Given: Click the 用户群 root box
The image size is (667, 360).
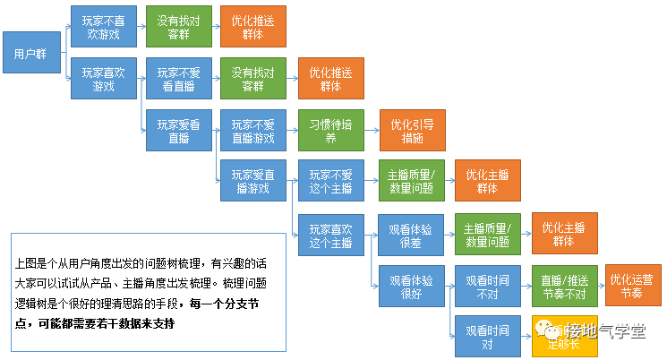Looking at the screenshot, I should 31,54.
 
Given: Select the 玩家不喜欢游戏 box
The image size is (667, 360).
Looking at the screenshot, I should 104,27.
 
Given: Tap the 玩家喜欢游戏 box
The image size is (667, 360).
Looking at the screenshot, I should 104,80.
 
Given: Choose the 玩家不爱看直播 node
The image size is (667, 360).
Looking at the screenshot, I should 179,80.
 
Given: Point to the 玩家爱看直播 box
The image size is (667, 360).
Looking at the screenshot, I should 179,132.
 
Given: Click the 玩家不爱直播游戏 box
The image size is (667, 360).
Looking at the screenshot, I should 254,132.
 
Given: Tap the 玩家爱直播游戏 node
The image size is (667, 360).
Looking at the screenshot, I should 254,183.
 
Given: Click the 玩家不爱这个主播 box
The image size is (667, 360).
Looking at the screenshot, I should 330,183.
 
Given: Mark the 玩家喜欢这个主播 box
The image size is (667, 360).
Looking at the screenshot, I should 330,235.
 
